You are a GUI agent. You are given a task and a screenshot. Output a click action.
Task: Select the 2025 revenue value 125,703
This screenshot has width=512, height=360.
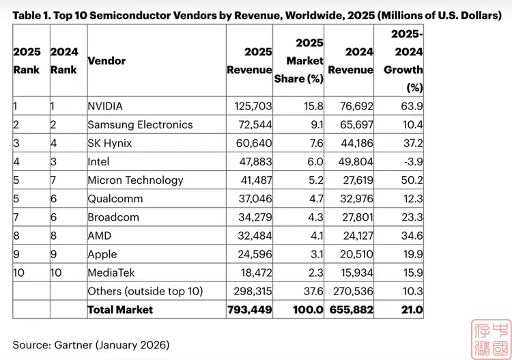250,106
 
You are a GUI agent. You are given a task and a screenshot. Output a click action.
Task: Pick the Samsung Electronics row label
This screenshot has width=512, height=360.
140,124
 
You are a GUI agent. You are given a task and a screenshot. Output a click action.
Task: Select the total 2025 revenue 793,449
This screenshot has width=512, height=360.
250,309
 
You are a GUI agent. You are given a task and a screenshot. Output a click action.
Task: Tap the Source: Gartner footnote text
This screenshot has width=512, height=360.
91,344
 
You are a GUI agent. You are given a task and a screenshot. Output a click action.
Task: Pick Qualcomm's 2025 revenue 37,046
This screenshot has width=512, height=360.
250,199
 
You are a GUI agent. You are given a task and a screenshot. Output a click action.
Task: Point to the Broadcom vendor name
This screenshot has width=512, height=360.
113,217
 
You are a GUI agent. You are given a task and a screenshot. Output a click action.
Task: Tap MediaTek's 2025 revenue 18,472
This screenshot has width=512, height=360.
250,273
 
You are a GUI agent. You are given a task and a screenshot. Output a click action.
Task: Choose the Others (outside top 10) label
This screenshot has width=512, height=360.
145,291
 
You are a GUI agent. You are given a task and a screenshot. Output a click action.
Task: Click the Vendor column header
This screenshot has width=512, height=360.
106,61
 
